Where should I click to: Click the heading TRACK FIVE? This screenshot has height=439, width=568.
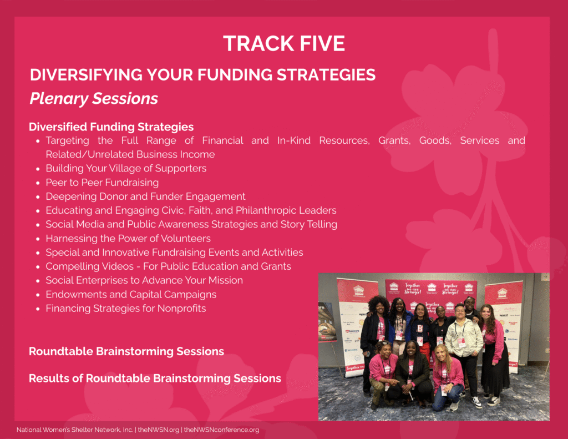pos(283,43)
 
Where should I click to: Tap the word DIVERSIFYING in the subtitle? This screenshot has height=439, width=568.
pos(86,75)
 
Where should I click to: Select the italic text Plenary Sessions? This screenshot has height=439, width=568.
pos(94,99)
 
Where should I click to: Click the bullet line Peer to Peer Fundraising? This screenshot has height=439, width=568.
pos(102,183)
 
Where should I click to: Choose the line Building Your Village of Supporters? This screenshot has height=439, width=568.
pos(126,169)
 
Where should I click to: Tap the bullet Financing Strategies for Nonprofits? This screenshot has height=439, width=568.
pos(126,309)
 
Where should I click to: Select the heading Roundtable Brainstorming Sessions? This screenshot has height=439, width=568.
pos(126,352)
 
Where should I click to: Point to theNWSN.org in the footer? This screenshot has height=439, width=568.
pos(159,430)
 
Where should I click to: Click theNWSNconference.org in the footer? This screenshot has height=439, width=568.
pos(222,430)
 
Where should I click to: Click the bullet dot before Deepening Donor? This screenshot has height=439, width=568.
pos(38,197)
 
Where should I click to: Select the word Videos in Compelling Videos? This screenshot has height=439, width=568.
pos(119,266)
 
